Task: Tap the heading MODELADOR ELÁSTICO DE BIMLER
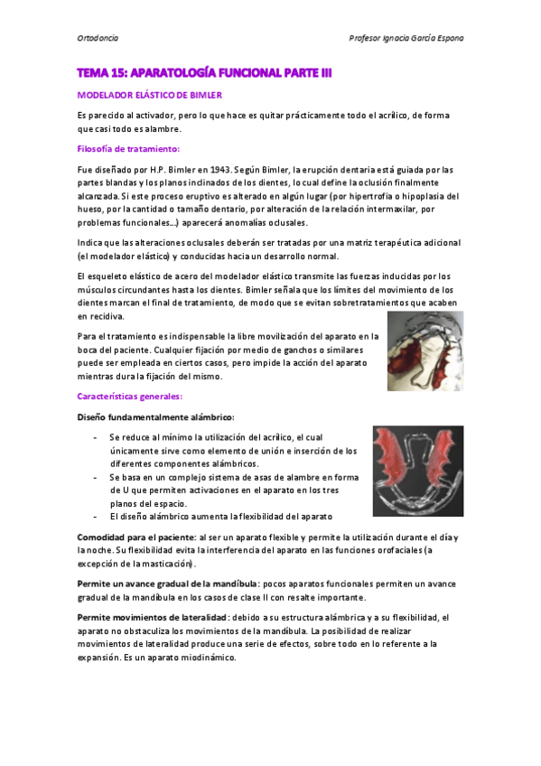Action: tap(149, 94)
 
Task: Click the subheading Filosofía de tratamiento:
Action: tap(128, 148)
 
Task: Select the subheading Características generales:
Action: tap(132, 396)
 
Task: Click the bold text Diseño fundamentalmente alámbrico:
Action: tap(156, 416)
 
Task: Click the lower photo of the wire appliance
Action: tap(418, 472)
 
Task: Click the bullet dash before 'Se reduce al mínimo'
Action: tap(97, 437)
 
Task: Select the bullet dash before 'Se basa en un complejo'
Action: tap(97, 476)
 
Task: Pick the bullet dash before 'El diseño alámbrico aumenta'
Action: tap(97, 516)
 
